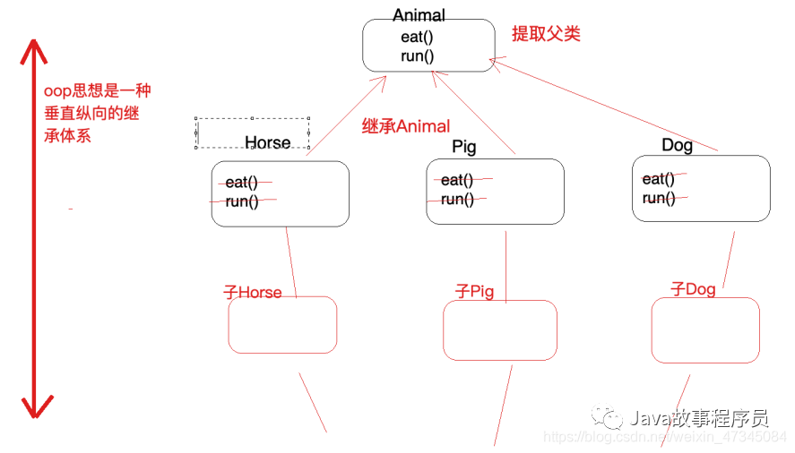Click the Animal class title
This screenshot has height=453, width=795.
(x=419, y=15)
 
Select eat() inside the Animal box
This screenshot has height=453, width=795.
(x=417, y=37)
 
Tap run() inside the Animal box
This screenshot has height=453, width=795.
(x=417, y=56)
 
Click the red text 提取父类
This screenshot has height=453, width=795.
(x=546, y=34)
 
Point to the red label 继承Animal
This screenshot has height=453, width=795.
(x=406, y=126)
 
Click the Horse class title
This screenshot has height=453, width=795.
(x=267, y=142)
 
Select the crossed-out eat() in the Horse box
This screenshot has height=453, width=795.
(x=241, y=183)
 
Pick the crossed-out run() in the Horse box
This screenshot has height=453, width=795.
(x=242, y=201)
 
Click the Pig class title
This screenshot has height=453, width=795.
(x=463, y=147)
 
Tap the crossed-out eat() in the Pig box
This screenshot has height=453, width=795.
(x=457, y=181)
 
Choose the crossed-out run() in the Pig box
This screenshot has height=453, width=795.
(x=457, y=200)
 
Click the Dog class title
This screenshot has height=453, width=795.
(x=677, y=145)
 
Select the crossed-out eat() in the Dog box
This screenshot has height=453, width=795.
(x=659, y=178)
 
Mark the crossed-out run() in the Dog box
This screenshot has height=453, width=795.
(x=659, y=198)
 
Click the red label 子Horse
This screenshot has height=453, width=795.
(x=252, y=293)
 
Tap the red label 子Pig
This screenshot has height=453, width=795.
(x=474, y=292)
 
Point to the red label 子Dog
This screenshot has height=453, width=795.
(x=693, y=289)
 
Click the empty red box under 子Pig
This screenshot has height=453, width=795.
(x=500, y=330)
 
